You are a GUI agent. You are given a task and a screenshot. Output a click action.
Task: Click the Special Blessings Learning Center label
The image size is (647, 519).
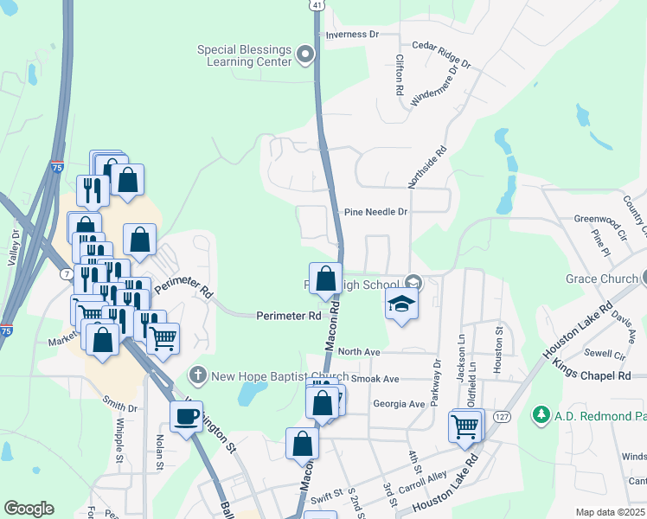244,56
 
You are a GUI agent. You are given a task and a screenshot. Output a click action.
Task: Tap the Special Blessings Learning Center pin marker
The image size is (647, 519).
304,56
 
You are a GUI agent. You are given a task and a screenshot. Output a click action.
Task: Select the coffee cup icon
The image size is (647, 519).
186,417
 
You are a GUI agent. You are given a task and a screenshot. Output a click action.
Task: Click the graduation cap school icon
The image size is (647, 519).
400,304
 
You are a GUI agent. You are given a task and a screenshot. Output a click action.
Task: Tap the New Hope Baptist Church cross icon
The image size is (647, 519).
197,376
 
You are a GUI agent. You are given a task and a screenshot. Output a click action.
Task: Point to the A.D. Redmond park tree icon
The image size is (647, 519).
541,416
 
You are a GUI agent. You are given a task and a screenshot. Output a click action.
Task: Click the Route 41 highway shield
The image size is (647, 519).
317,5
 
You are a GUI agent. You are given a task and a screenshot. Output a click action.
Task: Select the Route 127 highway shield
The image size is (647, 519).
501,416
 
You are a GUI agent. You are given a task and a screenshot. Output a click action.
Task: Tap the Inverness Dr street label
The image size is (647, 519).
352,35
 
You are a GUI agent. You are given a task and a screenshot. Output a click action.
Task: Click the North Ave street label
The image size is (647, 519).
359,352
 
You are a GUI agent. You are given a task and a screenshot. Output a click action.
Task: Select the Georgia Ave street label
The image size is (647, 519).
399,404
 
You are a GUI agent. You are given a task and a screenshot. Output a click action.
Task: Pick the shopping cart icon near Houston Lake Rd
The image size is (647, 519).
465,426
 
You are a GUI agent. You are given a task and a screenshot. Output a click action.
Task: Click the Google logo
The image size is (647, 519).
29,509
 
